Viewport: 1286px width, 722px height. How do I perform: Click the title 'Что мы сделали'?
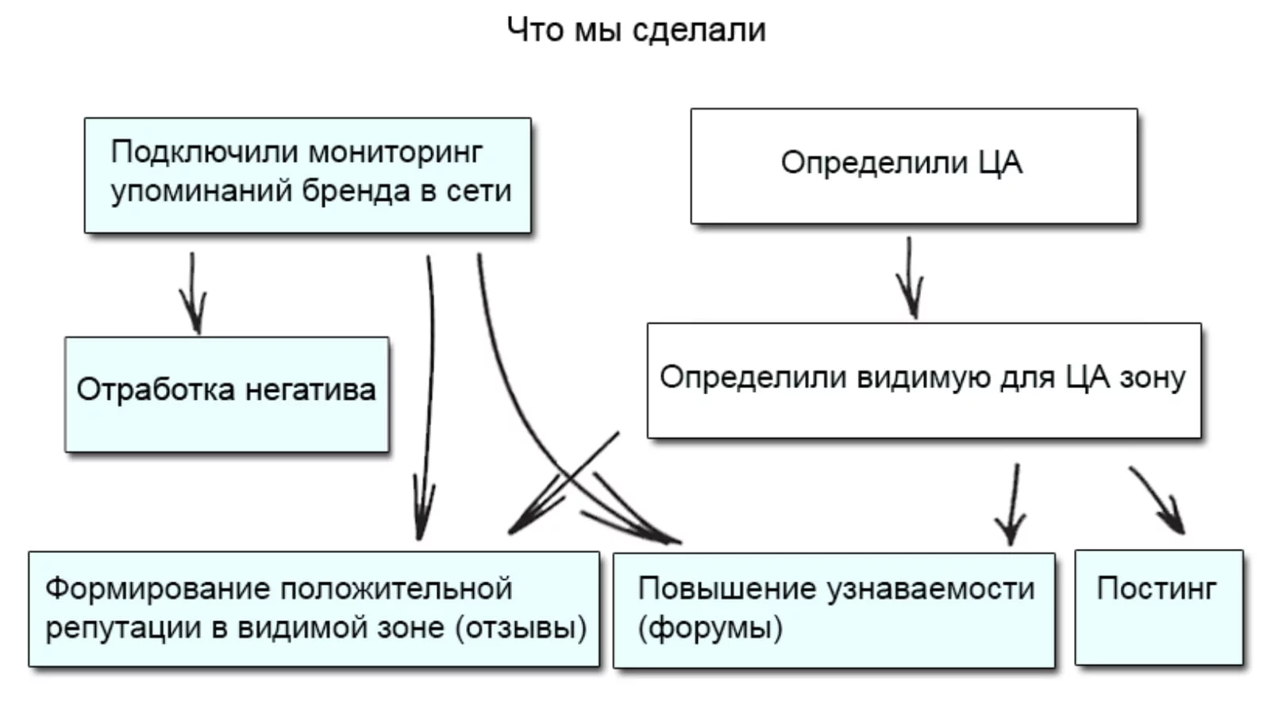pyautogui.click(x=636, y=30)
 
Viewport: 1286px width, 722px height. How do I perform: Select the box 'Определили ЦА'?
pyautogui.click(x=914, y=166)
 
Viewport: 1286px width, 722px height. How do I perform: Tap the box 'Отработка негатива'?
pyautogui.click(x=226, y=394)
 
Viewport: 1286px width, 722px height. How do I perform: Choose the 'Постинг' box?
pyautogui.click(x=1158, y=607)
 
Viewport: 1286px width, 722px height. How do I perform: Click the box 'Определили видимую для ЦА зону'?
pyautogui.click(x=923, y=380)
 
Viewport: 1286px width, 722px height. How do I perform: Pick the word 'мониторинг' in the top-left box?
pyautogui.click(x=395, y=152)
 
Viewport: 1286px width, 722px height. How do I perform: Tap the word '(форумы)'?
pyautogui.click(x=710, y=628)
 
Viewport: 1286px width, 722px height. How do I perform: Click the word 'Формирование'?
pyautogui.click(x=157, y=589)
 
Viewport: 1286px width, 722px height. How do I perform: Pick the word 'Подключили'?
pyautogui.click(x=204, y=152)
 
